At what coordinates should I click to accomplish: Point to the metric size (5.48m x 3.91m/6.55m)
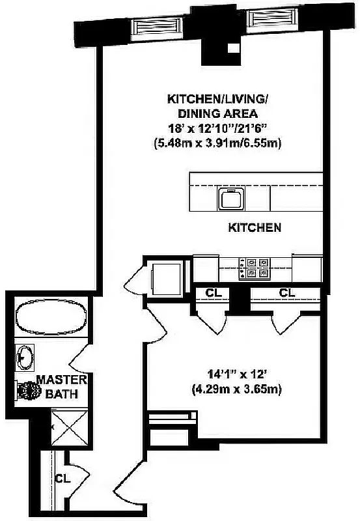[218, 143]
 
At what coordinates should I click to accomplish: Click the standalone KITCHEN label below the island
[255, 228]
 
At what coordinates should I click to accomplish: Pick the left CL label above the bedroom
[214, 293]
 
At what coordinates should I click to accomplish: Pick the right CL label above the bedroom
[287, 293]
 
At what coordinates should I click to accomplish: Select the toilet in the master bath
[27, 391]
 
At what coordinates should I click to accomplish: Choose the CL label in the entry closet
[62, 479]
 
